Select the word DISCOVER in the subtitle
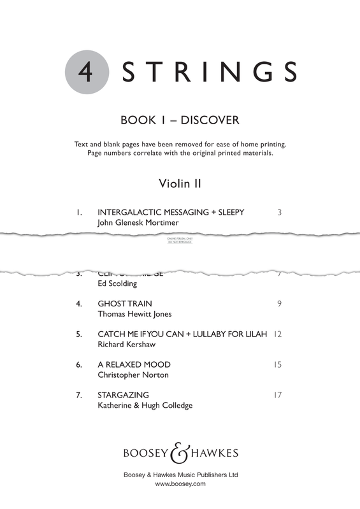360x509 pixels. coord(213,120)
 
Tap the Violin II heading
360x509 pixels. coord(180,183)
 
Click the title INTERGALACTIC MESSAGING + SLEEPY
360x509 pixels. coord(171,212)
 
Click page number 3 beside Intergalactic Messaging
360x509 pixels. coord(279,212)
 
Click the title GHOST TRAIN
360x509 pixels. coord(125,303)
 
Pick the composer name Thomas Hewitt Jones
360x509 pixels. coord(134,315)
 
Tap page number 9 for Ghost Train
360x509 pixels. coord(279,303)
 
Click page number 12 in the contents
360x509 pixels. coord(277,334)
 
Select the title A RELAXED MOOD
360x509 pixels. coord(134,364)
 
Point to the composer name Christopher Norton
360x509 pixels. coord(133,376)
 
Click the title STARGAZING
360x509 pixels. coord(124,395)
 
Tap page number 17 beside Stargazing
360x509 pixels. coord(277,395)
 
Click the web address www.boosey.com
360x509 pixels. coord(180,484)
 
